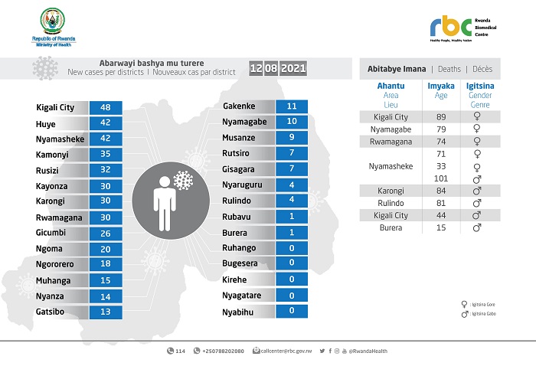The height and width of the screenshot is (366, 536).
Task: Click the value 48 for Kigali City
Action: (x=106, y=107)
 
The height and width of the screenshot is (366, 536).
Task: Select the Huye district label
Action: (x=45, y=123)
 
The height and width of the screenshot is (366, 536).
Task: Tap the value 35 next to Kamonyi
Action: (x=106, y=155)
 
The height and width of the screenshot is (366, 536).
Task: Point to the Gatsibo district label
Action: (x=51, y=312)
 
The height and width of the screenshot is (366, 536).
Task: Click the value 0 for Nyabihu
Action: (x=292, y=312)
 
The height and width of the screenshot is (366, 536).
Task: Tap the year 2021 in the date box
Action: (x=293, y=69)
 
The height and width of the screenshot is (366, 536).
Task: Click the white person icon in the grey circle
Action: (x=163, y=201)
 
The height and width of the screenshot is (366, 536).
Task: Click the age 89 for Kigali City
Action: (x=441, y=117)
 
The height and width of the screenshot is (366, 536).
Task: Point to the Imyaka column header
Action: (x=441, y=87)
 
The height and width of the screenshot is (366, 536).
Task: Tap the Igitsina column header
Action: (x=480, y=87)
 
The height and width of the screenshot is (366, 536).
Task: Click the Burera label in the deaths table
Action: (x=391, y=227)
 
